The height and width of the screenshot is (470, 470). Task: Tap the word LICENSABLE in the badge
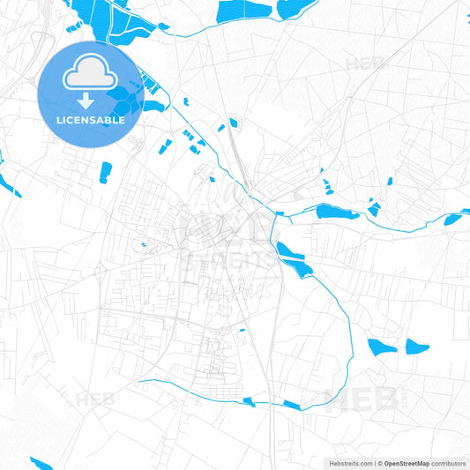click(91, 121)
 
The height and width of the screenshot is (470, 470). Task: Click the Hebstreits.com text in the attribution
click(347, 462)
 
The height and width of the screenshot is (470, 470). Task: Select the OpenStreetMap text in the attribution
click(406, 462)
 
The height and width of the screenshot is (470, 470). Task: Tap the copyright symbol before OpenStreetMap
click(379, 462)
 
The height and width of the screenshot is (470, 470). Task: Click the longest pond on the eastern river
click(338, 212)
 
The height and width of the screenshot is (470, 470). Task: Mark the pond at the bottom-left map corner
click(41, 463)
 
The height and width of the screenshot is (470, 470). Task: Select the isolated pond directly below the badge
click(106, 171)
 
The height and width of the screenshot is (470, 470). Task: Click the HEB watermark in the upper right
click(365, 63)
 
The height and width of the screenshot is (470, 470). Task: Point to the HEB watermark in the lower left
click(95, 399)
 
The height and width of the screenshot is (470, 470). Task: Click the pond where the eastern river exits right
click(455, 218)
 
